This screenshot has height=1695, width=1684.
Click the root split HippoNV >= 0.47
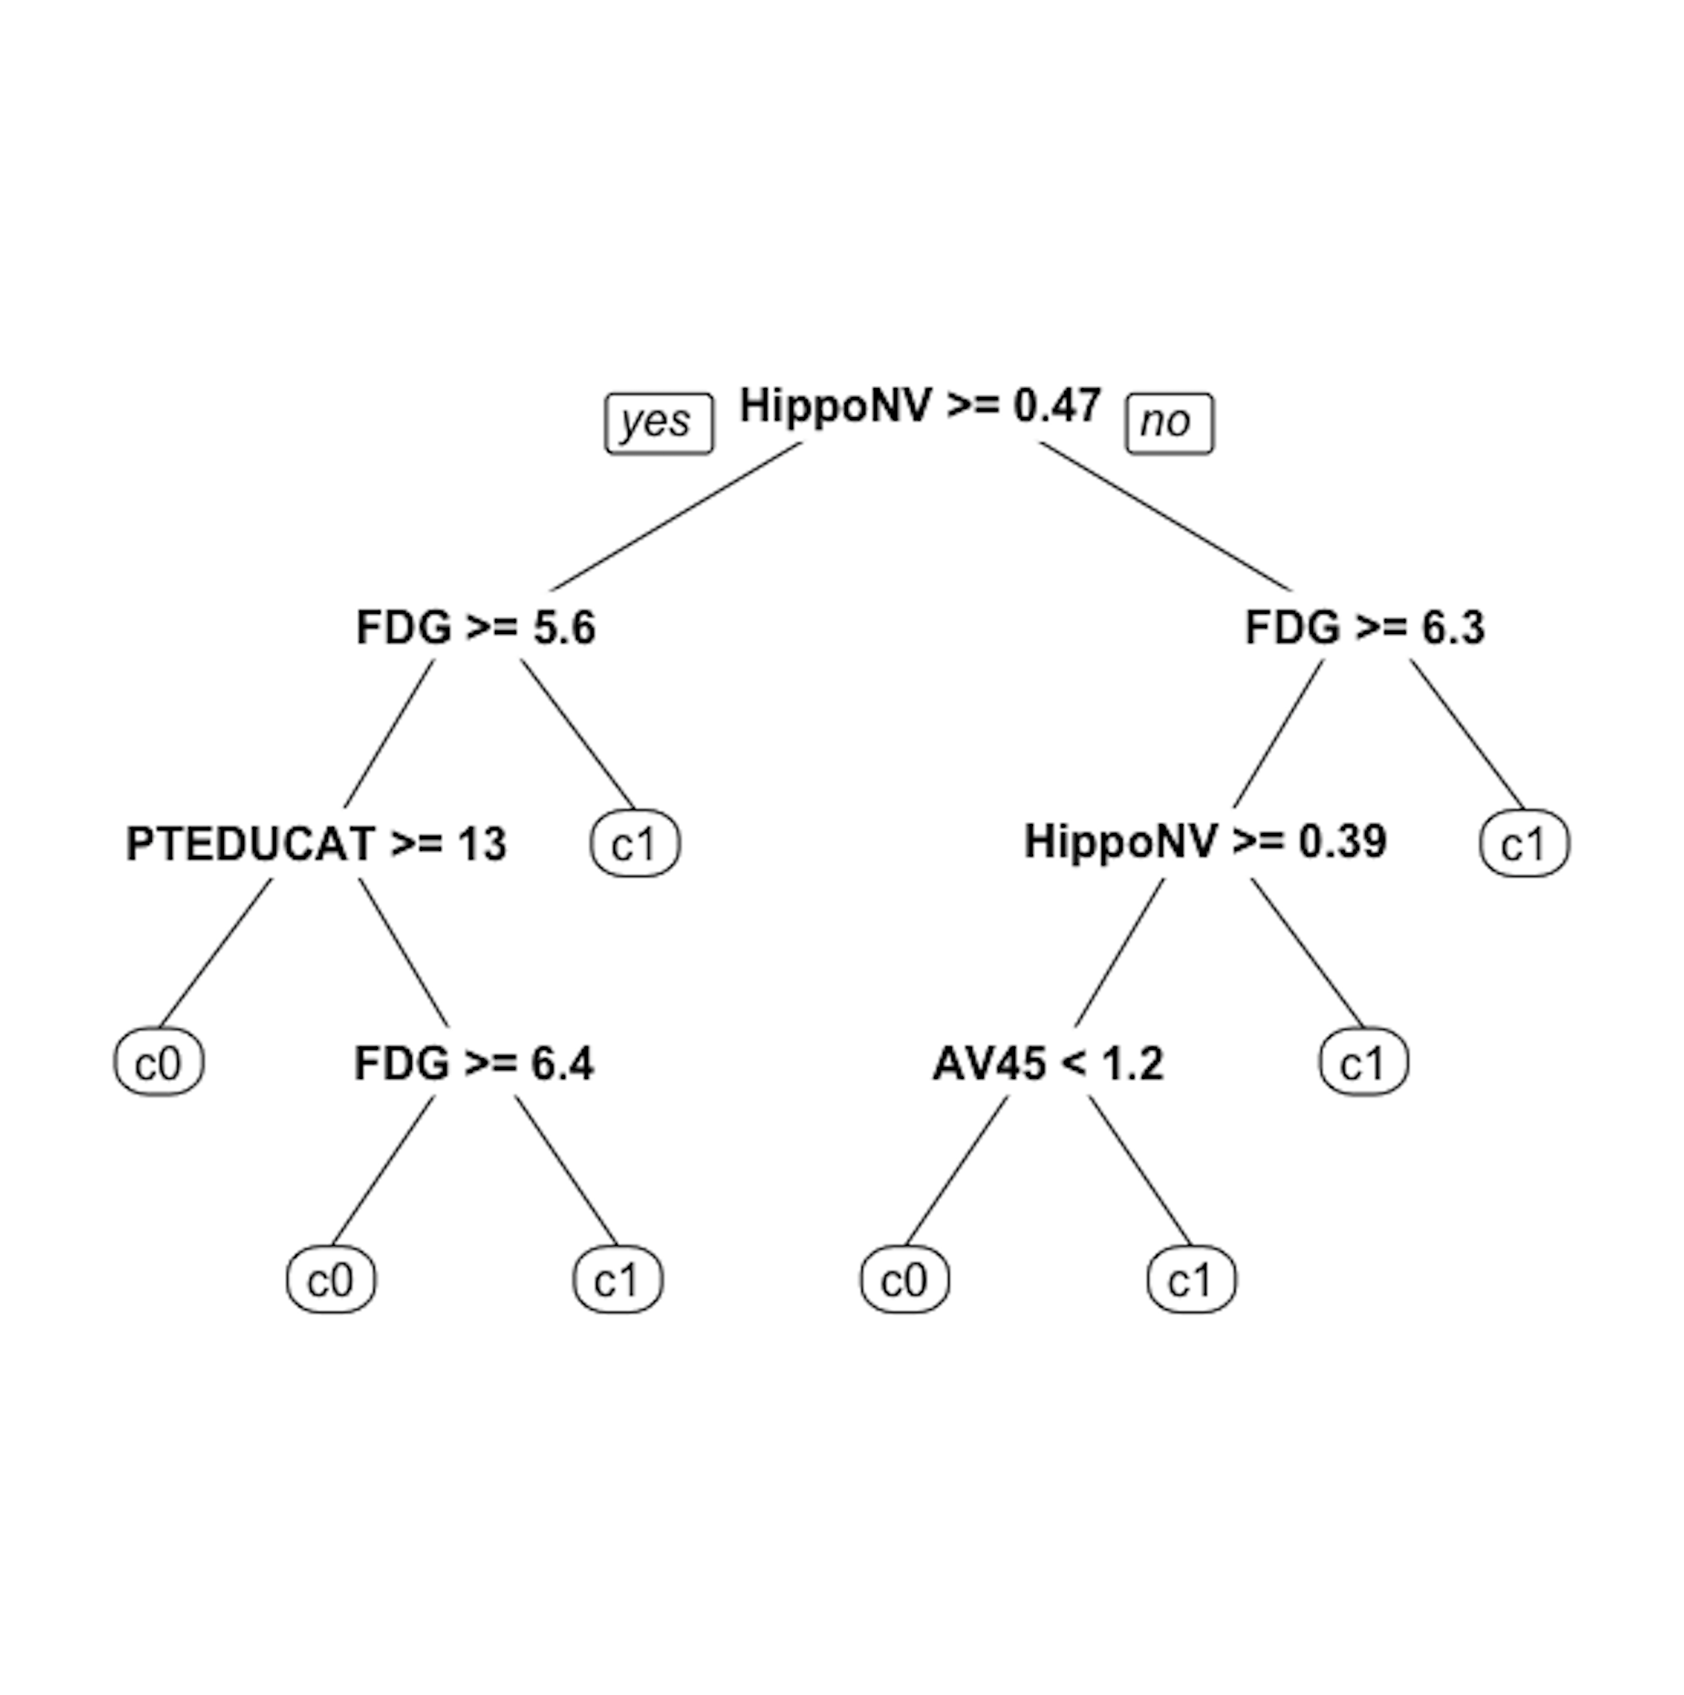pyautogui.click(x=920, y=406)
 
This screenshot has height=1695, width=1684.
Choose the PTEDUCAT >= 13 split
pyautogui.click(x=316, y=844)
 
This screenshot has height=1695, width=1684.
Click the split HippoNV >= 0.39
pyautogui.click(x=1205, y=841)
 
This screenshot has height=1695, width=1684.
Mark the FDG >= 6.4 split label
pyautogui.click(x=474, y=1063)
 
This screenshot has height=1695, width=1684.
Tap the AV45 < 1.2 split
pyautogui.click(x=1048, y=1063)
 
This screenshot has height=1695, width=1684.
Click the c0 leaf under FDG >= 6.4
pyautogui.click(x=331, y=1280)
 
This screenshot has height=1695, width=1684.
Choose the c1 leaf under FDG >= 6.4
pyautogui.click(x=618, y=1280)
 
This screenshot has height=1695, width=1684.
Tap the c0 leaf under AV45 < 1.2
pyautogui.click(x=905, y=1280)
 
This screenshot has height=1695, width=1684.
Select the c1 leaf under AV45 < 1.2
pyautogui.click(x=1192, y=1280)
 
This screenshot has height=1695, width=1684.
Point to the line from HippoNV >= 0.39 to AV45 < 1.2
pyautogui.click(x=1120, y=952)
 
